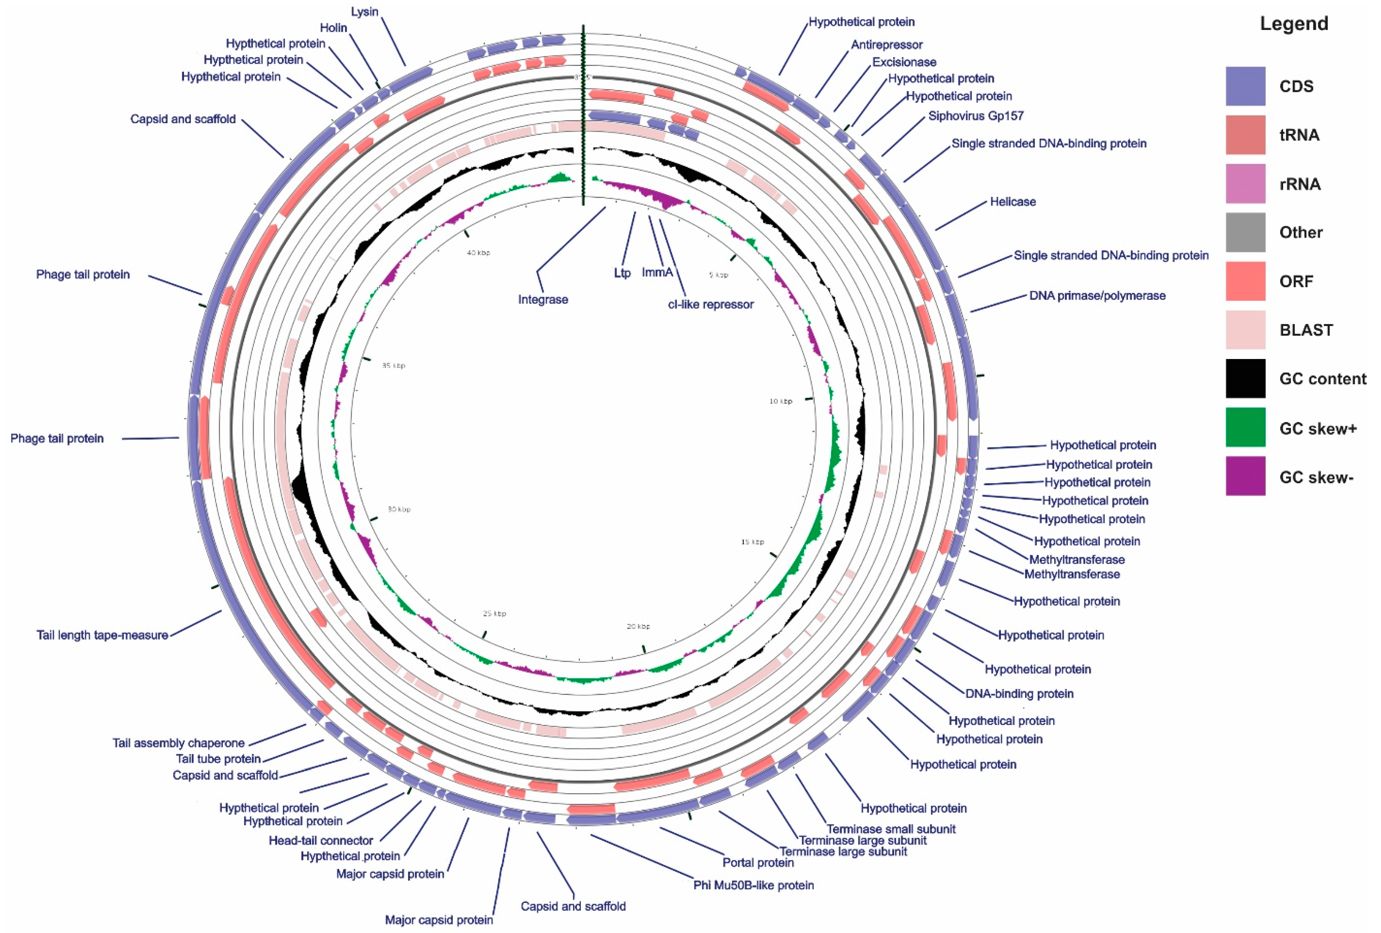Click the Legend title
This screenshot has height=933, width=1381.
(x=1294, y=24)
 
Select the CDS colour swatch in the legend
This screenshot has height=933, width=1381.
(x=1245, y=86)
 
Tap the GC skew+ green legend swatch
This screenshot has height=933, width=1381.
(x=1245, y=427)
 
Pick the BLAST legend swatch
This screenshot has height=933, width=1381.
(x=1245, y=330)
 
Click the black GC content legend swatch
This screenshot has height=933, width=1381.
(x=1245, y=379)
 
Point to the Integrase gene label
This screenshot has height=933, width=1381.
(x=542, y=300)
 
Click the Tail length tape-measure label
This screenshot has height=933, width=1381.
(x=102, y=635)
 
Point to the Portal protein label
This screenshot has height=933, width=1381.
(x=758, y=862)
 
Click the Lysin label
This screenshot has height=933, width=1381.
(x=364, y=12)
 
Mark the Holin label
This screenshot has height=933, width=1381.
(x=334, y=28)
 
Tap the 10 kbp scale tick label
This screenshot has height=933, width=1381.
(x=780, y=401)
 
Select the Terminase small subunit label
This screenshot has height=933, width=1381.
(x=891, y=828)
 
